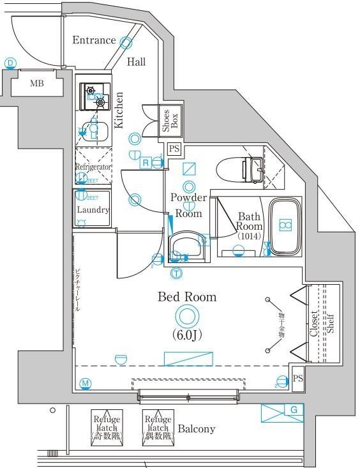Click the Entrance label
click(93, 41)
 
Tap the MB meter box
click(36, 83)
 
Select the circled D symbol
click(10, 63)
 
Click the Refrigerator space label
click(93, 167)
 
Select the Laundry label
click(93, 209)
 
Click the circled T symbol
click(176, 274)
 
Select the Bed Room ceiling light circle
click(187, 316)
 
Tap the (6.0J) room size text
click(187, 335)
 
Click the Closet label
click(314, 324)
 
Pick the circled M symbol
click(86, 383)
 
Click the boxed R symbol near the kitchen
click(146, 163)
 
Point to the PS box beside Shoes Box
click(174, 149)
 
